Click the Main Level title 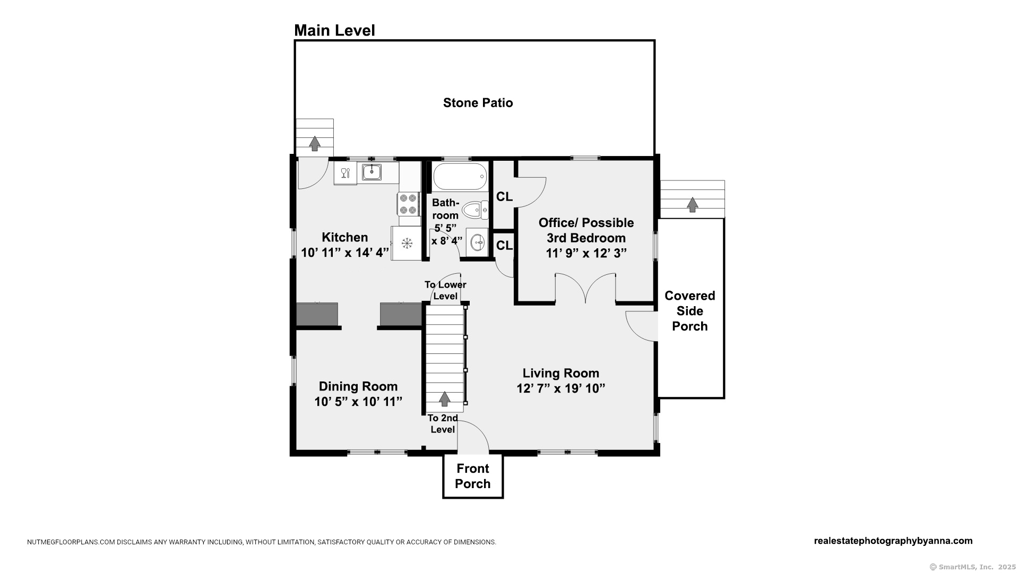334,31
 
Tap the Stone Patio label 478,102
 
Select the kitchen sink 372,172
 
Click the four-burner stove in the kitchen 408,204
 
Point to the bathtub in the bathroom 460,177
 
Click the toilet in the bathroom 475,210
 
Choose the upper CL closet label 504,197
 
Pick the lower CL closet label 504,245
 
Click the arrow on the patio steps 315,143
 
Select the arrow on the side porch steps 692,204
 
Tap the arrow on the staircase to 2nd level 444,398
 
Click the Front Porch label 472,476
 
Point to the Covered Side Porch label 690,311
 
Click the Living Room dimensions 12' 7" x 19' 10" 561,388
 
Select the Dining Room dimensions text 358,402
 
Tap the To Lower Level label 445,290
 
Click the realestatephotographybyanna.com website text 893,541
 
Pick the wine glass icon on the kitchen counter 345,172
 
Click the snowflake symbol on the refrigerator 407,243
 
